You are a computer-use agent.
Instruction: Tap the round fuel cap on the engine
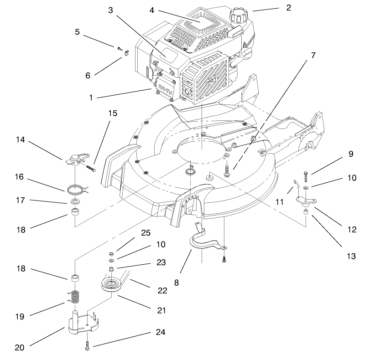(238, 19)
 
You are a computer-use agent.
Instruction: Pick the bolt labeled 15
(90, 168)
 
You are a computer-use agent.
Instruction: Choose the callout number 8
(176, 282)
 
